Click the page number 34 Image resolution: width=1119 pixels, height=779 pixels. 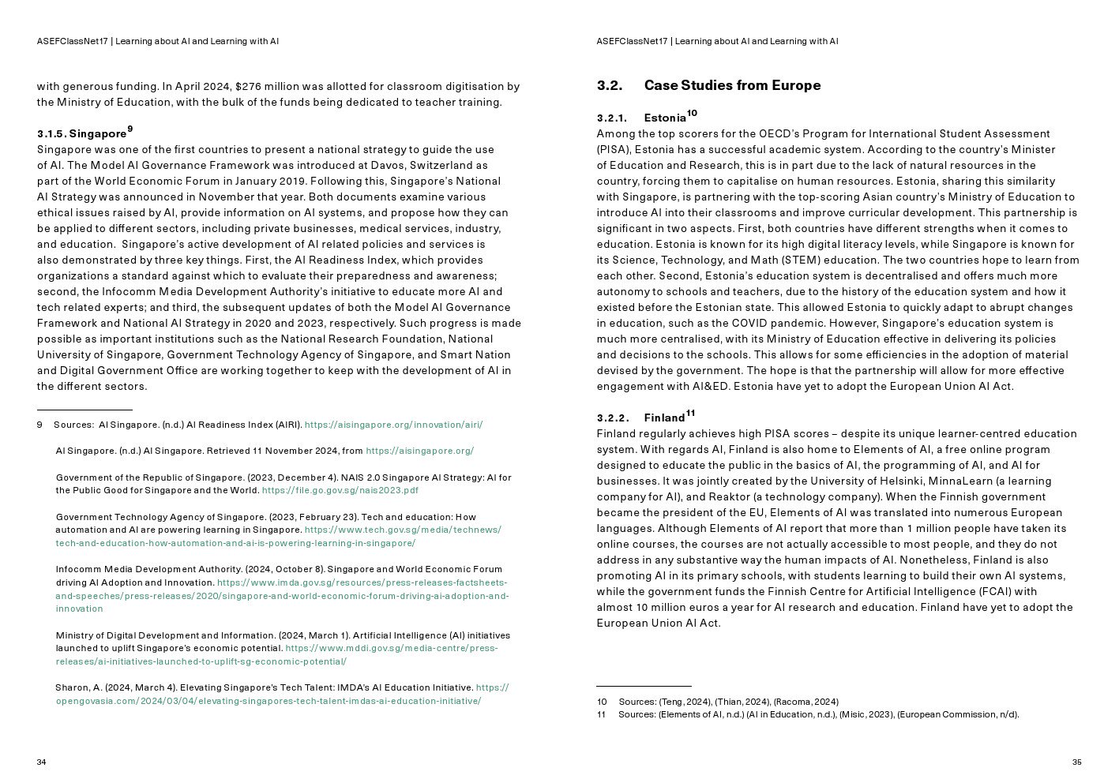[x=42, y=762]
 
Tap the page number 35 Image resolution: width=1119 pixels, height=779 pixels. [x=1076, y=762]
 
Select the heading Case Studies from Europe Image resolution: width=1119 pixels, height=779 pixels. [x=732, y=85]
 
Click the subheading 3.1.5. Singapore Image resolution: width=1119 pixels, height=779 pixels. [x=81, y=133]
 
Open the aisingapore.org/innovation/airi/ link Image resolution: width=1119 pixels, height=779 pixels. [x=393, y=425]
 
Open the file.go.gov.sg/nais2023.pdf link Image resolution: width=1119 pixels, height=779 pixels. [x=340, y=490]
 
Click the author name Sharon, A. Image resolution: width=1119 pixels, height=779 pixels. [x=77, y=687]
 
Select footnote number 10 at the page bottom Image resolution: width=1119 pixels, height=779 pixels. [x=602, y=702]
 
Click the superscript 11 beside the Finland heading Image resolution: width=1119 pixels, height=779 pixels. [x=690, y=413]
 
